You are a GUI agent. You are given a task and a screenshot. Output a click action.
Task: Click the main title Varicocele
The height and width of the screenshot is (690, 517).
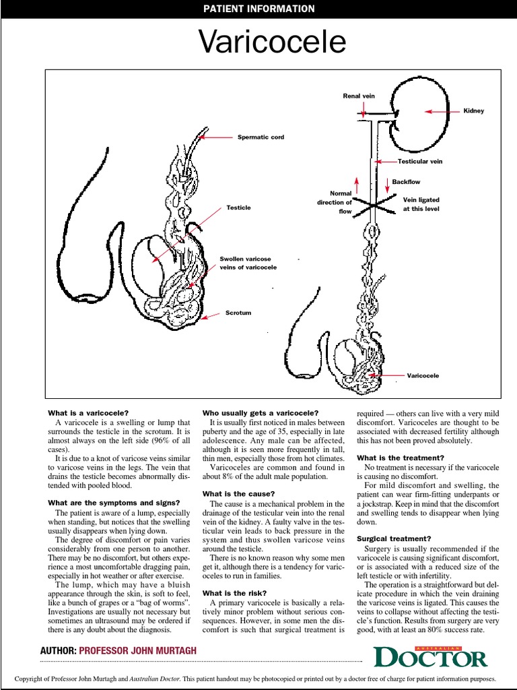click(x=273, y=43)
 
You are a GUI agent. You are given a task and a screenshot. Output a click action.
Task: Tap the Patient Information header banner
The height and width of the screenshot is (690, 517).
click(x=258, y=9)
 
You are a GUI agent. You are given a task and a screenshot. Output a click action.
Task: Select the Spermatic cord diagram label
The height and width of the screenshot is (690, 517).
click(x=261, y=137)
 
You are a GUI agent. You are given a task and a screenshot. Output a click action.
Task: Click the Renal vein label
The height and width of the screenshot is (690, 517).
click(x=359, y=96)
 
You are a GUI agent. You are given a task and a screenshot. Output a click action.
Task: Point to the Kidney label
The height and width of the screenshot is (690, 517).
click(x=473, y=111)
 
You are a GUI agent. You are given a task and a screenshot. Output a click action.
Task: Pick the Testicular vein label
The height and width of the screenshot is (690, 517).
click(x=419, y=162)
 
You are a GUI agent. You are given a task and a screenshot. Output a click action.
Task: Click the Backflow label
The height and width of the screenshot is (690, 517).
click(x=406, y=183)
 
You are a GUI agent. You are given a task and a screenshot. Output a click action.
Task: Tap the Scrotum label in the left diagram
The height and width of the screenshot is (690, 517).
click(x=238, y=313)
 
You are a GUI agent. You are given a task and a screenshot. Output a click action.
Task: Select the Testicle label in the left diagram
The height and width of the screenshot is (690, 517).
click(x=238, y=208)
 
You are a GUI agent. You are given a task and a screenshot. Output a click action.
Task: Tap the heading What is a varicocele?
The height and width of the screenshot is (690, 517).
click(x=88, y=412)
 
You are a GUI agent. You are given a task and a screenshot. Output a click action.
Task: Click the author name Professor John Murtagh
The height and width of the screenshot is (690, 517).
click(x=137, y=652)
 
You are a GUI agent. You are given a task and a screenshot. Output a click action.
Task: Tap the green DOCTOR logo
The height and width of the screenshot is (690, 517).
click(x=430, y=656)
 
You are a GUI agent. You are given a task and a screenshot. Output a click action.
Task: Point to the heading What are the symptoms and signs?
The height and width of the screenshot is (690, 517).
click(x=113, y=503)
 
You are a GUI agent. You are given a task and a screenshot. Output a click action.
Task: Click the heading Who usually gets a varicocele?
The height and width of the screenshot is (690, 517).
click(x=261, y=412)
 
